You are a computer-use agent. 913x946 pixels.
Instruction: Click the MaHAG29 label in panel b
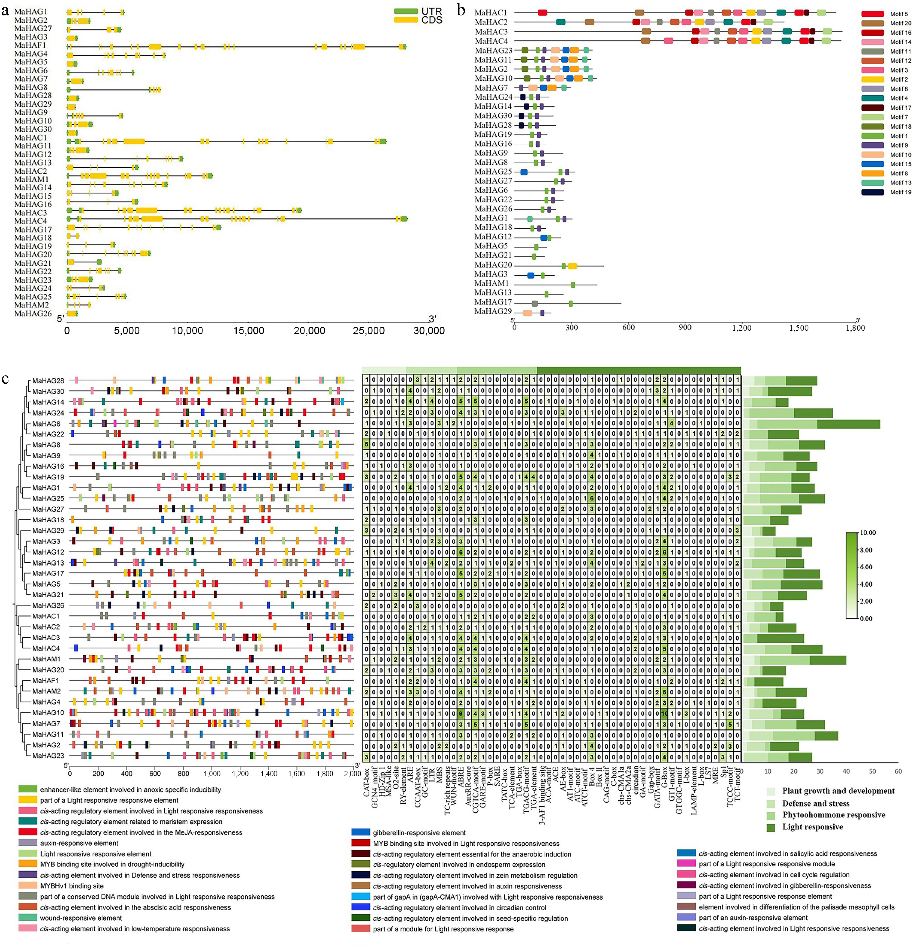tap(493, 311)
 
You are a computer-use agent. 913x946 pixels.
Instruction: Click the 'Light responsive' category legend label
tap(813, 827)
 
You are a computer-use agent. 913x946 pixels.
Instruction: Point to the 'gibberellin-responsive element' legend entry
tap(419, 833)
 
